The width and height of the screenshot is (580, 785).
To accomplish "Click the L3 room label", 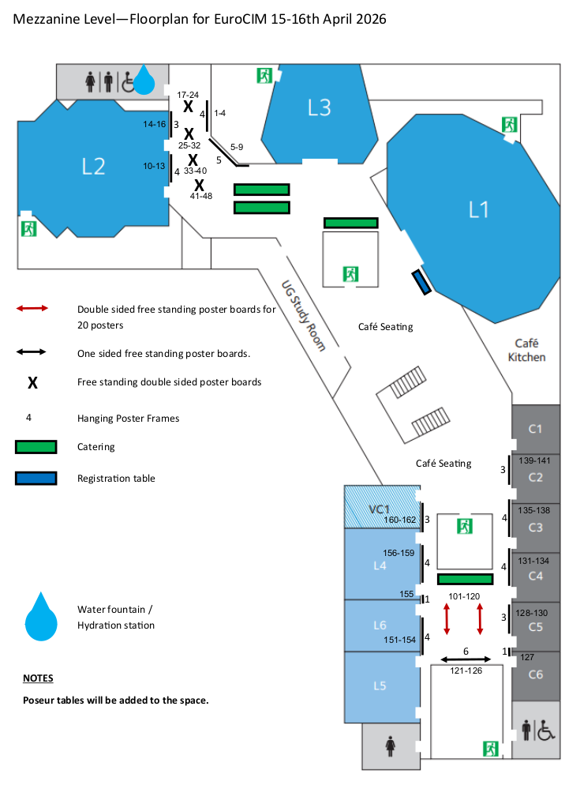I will click(319, 107).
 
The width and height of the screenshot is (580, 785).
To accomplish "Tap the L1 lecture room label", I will click(479, 209).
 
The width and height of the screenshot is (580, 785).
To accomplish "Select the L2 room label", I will click(93, 166).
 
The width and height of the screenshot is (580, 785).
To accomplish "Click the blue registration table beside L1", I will click(421, 282).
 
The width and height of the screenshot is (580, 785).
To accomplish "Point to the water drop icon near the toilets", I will click(144, 79).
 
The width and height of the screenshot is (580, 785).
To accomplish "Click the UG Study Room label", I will click(304, 316).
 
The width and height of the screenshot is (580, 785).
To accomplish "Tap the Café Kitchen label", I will click(526, 350).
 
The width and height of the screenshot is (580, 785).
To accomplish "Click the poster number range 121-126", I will click(466, 670).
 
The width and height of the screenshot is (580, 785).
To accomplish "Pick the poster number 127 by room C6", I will click(528, 657).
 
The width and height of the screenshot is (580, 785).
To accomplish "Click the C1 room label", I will click(536, 429).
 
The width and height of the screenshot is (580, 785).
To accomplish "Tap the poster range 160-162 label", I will click(399, 520).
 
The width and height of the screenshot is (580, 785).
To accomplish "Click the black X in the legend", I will click(33, 383).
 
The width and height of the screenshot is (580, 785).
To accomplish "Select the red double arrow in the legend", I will click(32, 308).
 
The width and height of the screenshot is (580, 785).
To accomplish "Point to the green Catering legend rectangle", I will click(36, 447).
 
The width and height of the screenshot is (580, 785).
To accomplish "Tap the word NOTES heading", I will click(38, 678).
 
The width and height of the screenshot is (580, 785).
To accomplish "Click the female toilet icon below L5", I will click(390, 746).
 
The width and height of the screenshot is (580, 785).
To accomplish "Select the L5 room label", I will click(380, 685).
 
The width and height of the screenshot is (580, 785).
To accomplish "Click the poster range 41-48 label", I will click(201, 196).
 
